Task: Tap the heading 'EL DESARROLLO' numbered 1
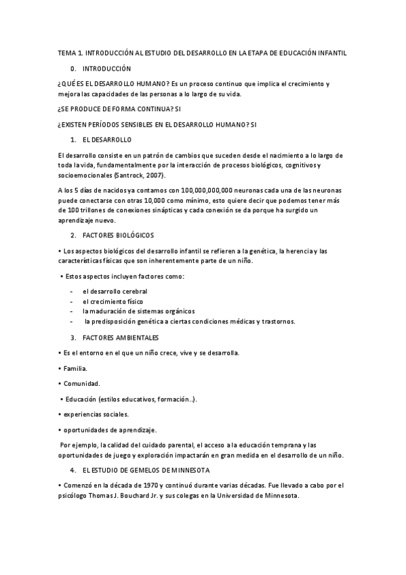(x=107, y=139)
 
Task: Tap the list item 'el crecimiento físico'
(x=113, y=301)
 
